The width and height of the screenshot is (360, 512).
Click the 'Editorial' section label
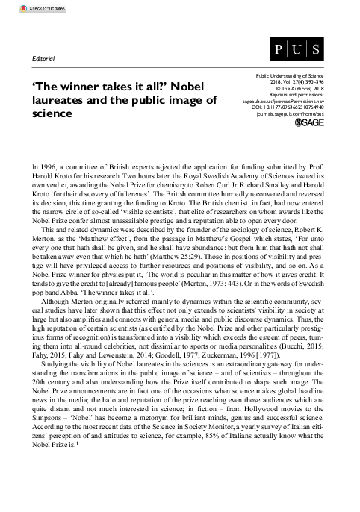click(x=40, y=58)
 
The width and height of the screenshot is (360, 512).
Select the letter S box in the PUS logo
click(x=317, y=52)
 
